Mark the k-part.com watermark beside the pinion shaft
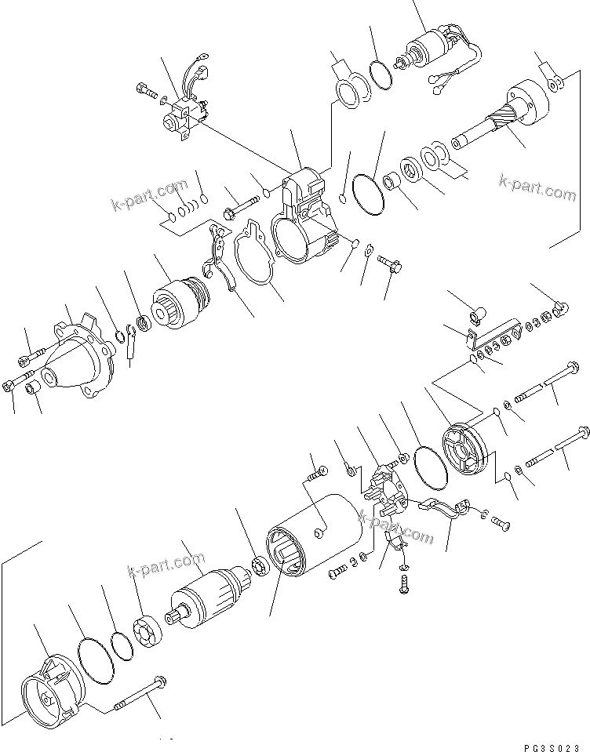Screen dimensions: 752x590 point(537,187)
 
